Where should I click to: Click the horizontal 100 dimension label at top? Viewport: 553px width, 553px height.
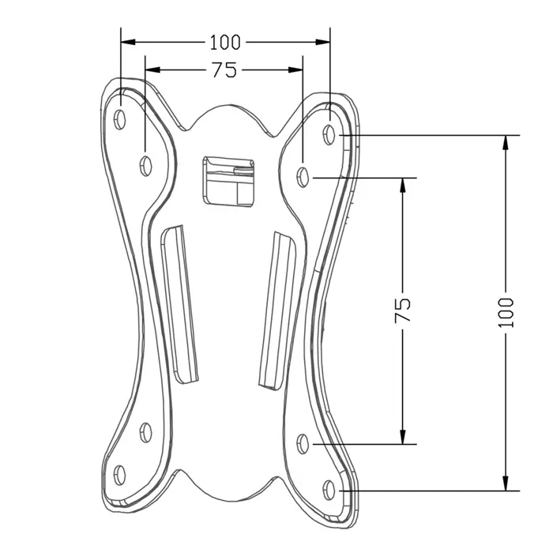coord(225,41)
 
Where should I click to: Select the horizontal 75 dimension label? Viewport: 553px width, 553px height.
coord(224,70)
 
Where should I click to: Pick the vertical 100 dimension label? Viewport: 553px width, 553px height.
coord(506,313)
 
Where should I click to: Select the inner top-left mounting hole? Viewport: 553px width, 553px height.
coord(145,165)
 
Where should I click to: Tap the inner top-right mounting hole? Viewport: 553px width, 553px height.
coord(304,175)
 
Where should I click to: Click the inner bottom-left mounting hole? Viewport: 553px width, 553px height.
coord(145,431)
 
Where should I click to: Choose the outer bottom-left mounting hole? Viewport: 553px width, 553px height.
coord(120,474)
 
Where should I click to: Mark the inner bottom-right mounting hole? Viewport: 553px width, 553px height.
coord(304,443)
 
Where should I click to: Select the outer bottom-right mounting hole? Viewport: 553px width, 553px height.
coord(330,488)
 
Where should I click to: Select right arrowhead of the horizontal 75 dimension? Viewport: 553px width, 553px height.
coord(296,70)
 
